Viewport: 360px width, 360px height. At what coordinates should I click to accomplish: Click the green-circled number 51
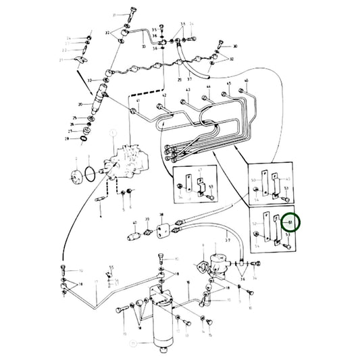pyautogui.click(x=292, y=222)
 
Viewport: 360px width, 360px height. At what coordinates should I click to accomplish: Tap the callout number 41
pyautogui.click(x=137, y=101)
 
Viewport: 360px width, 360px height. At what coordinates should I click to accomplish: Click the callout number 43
pyautogui.click(x=187, y=90)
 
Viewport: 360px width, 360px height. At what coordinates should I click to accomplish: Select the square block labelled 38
pyautogui.click(x=161, y=230)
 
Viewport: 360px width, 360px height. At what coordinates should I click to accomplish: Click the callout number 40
pyautogui.click(x=136, y=223)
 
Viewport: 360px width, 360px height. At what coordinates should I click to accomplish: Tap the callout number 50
pyautogui.click(x=254, y=181)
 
